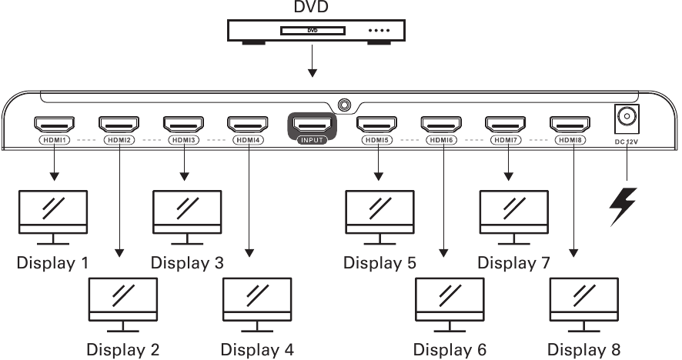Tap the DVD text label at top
tap(311, 8)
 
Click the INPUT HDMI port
tap(313, 124)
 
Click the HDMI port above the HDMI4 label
tap(247, 124)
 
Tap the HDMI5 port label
tap(376, 141)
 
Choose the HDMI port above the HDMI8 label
tap(570, 124)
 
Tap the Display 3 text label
tap(187, 263)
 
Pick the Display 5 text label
tap(379, 263)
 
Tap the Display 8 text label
tap(583, 350)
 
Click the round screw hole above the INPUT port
tap(344, 103)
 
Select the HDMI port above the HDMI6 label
tap(441, 124)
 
